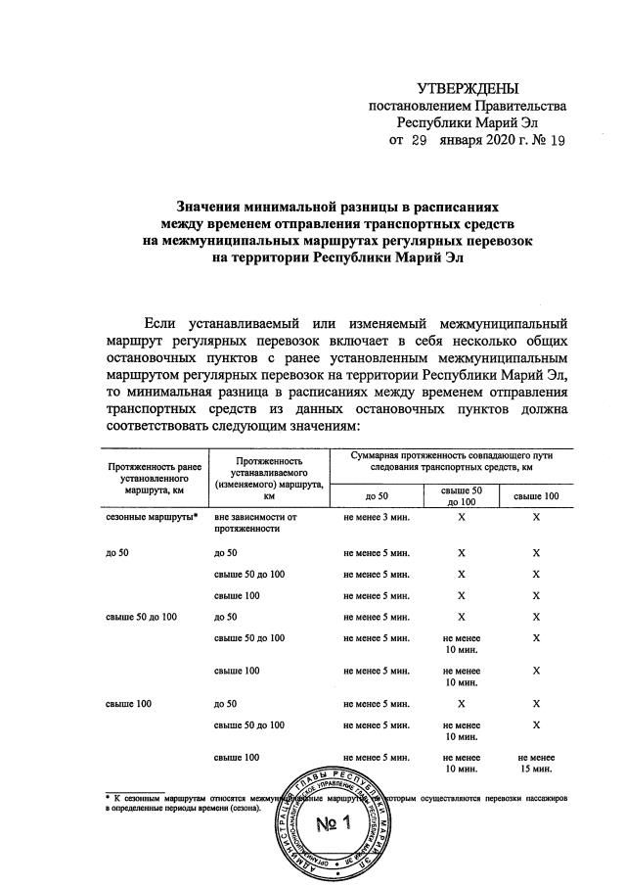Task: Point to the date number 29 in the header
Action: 419,140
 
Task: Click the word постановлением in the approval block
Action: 420,105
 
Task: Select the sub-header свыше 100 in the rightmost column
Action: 535,496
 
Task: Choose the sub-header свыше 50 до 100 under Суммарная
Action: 461,495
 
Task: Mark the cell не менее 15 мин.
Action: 535,764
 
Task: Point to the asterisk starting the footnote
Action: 108,799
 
